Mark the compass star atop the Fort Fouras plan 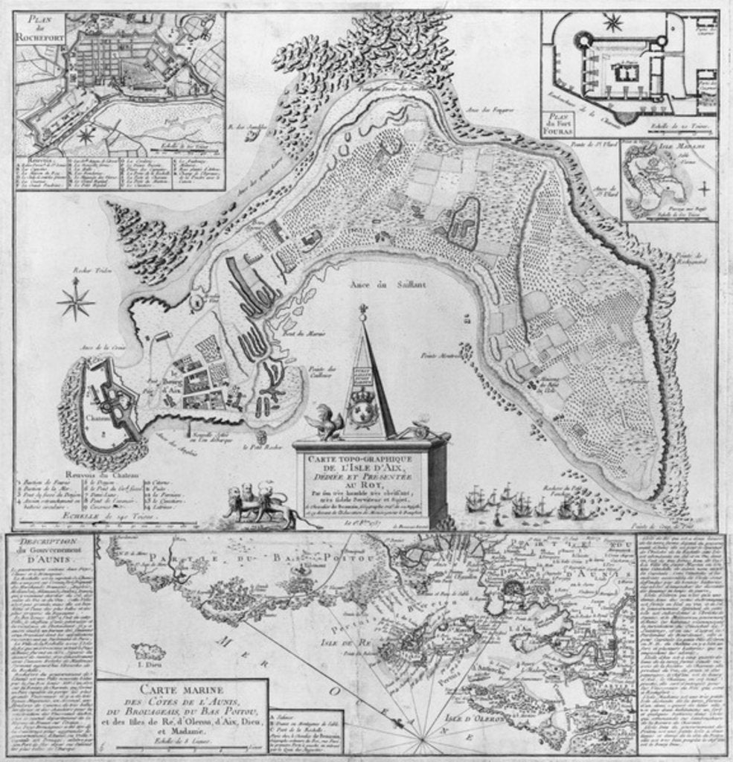point(613,23)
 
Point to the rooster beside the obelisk point(327,421)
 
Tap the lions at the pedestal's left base point(251,502)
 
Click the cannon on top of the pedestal point(417,430)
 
